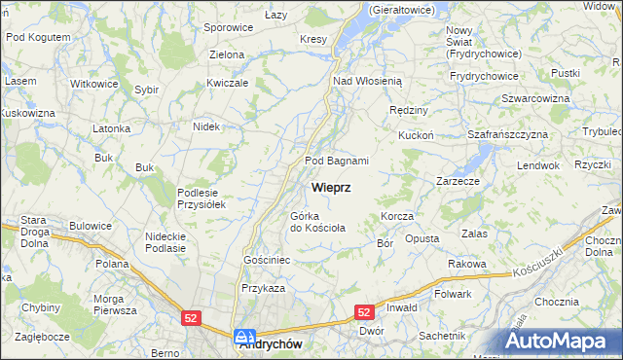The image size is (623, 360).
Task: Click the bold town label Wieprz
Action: pos(331,186)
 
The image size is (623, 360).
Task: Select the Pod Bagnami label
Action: pos(337,161)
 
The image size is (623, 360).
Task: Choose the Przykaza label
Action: pos(263,288)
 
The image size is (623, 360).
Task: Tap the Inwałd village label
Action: pos(402,308)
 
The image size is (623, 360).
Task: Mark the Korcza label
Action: pos(398,215)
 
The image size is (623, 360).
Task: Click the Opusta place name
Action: pos(421,238)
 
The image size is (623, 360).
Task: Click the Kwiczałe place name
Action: pos(228,83)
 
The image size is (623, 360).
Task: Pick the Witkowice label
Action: pos(94,84)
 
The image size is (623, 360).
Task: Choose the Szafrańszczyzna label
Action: pos(507,134)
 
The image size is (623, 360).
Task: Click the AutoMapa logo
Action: pos(560,341)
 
